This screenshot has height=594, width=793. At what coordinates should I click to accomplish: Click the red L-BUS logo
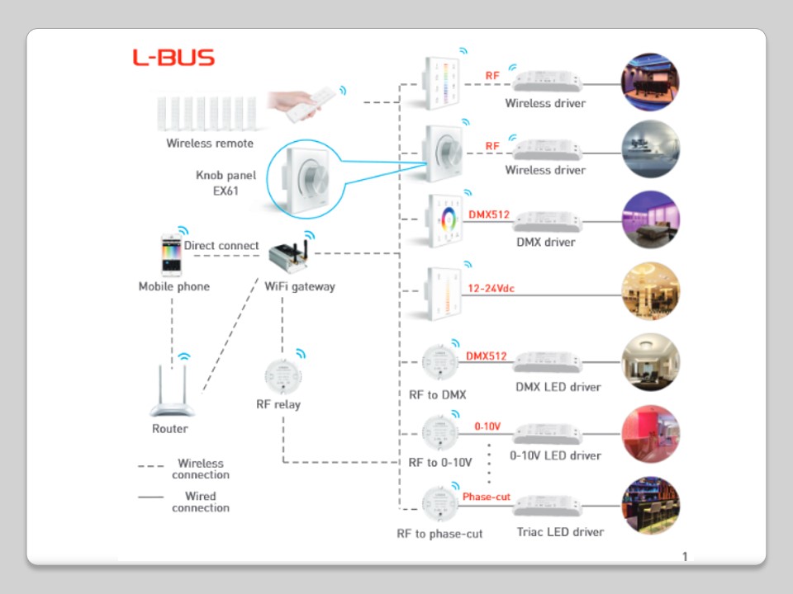point(173,58)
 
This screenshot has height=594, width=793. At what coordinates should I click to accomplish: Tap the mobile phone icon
point(172,256)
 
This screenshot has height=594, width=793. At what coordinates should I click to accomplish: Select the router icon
point(170,394)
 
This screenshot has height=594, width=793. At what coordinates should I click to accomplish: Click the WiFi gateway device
point(289,258)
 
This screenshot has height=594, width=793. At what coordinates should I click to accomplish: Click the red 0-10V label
point(487,427)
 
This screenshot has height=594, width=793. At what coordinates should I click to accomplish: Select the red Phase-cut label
point(486,497)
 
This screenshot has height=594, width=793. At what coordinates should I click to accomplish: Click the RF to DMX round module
point(438,363)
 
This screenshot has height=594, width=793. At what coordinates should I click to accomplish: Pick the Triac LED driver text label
point(560,532)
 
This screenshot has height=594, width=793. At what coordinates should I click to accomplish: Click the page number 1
point(685,556)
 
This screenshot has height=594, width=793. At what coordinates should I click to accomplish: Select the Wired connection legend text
point(200,502)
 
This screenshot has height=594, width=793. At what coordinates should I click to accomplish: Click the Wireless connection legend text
point(200,469)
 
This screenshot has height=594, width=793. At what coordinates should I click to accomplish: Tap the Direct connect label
point(221,246)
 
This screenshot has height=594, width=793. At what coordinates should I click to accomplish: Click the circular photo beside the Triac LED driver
point(650,505)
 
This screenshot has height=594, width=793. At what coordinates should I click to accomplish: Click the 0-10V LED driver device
point(548,434)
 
